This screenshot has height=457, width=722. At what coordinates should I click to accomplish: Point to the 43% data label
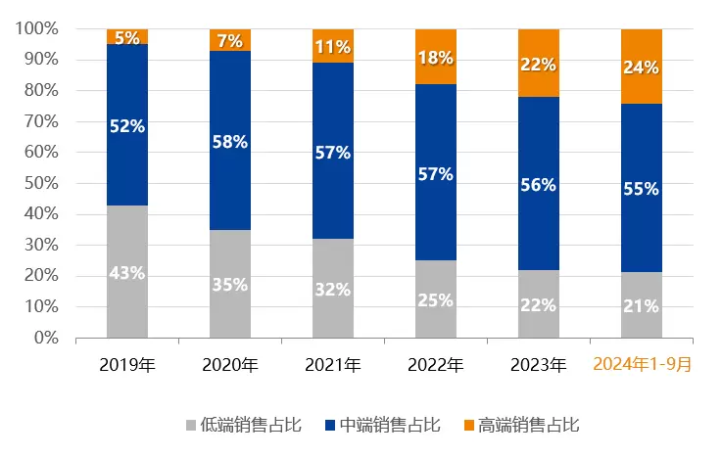(127, 273)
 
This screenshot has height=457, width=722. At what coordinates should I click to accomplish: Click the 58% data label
(230, 141)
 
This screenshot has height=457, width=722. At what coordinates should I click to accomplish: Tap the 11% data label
(333, 46)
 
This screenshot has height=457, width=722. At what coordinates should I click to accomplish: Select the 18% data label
(436, 57)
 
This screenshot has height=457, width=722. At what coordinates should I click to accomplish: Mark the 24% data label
(642, 68)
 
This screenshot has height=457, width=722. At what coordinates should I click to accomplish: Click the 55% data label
(642, 190)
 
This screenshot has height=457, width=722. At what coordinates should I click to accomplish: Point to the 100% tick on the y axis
(38, 29)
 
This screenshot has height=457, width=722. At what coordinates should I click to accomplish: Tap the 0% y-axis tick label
(46, 338)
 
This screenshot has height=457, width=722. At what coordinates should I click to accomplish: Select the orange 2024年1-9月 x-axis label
(642, 366)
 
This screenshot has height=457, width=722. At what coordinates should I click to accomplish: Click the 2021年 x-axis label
(333, 366)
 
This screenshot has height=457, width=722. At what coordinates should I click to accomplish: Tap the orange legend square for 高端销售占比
(468, 425)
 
